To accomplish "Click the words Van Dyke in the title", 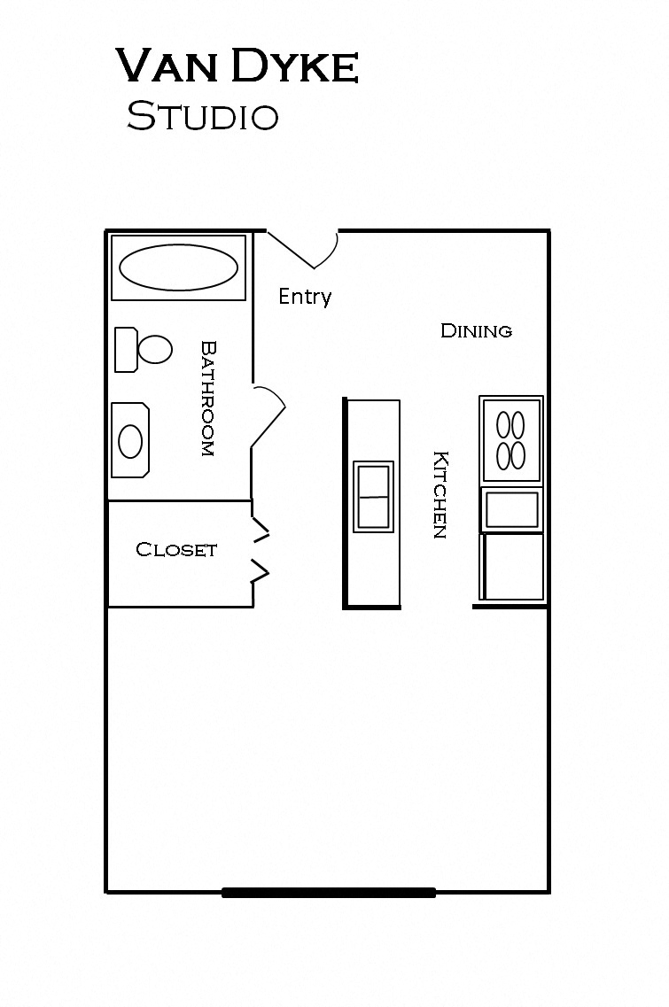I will (237, 68).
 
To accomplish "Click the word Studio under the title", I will (203, 116).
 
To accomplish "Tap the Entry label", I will (305, 297).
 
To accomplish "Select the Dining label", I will (476, 331).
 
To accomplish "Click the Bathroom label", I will (208, 399).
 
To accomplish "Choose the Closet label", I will (176, 550).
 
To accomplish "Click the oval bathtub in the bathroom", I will (178, 267).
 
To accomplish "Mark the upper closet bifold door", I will (261, 531).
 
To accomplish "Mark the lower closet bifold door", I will (261, 572).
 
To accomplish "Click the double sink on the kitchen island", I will (372, 497).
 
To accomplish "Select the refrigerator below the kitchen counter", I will (512, 567).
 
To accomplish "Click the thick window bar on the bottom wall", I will (329, 893).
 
